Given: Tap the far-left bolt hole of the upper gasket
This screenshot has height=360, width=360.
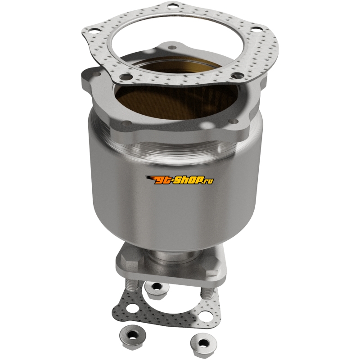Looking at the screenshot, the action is click(x=93, y=30).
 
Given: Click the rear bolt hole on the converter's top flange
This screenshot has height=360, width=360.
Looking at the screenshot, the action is click(x=171, y=48).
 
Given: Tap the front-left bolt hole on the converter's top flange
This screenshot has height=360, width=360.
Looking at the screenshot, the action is click(x=125, y=124).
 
